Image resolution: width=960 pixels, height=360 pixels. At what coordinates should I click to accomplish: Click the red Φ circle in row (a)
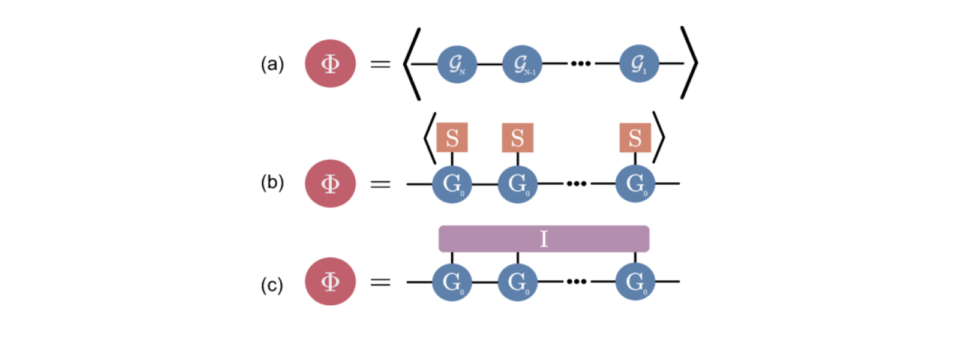point(330,64)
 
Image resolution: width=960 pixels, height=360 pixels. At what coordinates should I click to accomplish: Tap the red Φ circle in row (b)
point(330,184)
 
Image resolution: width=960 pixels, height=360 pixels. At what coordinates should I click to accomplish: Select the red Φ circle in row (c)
point(330,281)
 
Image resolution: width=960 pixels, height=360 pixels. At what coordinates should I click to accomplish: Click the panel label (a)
point(272,64)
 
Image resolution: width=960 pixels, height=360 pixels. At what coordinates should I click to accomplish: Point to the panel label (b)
point(272,182)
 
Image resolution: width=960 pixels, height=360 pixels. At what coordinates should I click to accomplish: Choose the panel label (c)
point(272,285)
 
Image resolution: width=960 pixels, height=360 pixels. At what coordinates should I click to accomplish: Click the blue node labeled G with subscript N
point(457,64)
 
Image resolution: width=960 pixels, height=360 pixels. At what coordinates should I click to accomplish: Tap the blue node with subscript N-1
point(522,64)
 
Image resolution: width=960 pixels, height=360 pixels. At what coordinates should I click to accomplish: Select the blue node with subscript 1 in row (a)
point(639,64)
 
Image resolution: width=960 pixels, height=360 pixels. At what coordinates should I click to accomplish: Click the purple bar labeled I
point(544,239)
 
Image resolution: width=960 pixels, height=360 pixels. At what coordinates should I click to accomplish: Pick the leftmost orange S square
point(452,138)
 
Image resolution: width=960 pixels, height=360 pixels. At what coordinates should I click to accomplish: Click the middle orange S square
point(517,138)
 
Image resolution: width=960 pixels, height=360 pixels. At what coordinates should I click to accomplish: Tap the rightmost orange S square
point(635,138)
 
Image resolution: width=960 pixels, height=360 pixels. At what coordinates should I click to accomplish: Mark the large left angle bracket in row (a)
point(410,64)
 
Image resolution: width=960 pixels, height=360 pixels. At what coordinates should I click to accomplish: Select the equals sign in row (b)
point(380,184)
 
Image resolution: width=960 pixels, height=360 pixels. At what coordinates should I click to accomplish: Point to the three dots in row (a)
point(580,64)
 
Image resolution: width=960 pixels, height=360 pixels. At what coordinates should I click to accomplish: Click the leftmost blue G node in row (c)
point(452,281)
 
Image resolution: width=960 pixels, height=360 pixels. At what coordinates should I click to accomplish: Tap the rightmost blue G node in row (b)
point(635,184)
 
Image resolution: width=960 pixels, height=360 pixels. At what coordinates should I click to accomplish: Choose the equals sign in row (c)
point(380,282)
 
